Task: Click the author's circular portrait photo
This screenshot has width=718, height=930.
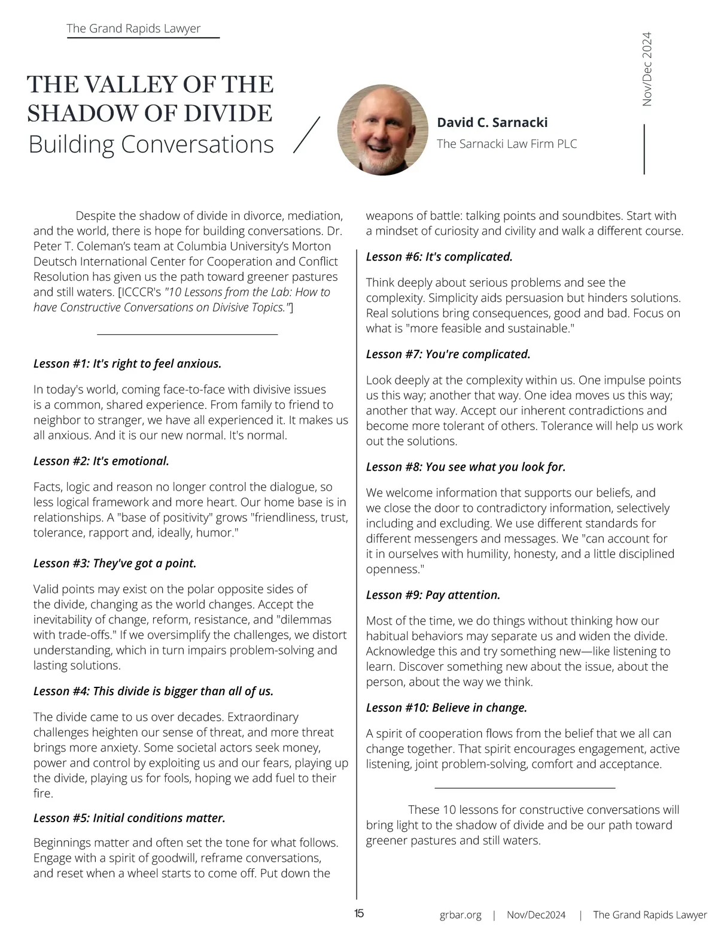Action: coord(382,130)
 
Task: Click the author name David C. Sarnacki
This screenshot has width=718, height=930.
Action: coord(492,122)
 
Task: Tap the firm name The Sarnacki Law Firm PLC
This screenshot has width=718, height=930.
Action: coord(506,144)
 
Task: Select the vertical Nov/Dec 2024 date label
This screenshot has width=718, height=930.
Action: coord(647,69)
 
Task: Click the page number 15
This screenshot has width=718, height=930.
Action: coord(359,913)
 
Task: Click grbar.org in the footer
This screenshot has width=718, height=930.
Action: coord(460,914)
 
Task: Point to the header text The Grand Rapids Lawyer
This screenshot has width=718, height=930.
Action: coord(133,28)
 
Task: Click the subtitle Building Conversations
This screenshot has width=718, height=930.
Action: coord(151,144)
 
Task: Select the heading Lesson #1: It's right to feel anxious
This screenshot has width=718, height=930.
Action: coord(127,363)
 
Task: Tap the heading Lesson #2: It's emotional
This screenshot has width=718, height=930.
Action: coord(101,461)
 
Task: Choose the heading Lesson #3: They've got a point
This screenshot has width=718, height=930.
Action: coord(115,564)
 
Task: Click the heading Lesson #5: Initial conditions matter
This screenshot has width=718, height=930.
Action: coord(129,818)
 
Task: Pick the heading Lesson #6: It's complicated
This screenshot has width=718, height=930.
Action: coord(439,257)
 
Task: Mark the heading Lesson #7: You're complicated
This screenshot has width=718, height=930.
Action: coord(448,355)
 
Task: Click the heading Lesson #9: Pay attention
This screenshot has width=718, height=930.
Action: coord(433,595)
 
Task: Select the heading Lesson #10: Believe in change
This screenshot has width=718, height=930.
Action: coord(446,708)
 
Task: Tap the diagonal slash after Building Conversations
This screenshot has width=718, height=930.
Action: coord(307,135)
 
